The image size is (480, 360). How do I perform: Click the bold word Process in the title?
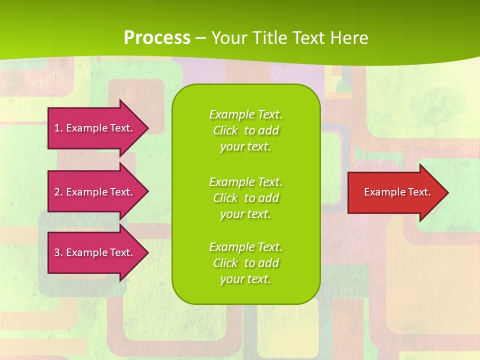(x=157, y=37)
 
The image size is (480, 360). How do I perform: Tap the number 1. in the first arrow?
(x=58, y=128)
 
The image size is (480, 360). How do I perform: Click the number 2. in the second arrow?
(x=58, y=192)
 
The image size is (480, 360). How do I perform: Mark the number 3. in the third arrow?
(x=58, y=252)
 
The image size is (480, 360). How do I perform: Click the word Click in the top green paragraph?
(x=225, y=130)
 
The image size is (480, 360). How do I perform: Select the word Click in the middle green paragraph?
(x=225, y=198)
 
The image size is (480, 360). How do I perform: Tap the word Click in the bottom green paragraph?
(x=225, y=263)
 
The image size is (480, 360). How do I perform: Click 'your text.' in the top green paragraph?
(x=245, y=147)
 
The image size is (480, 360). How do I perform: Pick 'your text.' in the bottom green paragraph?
(x=245, y=279)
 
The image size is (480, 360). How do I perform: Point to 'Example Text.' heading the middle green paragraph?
(x=245, y=181)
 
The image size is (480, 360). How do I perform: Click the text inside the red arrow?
(x=397, y=192)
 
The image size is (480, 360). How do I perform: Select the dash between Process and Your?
(x=200, y=38)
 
